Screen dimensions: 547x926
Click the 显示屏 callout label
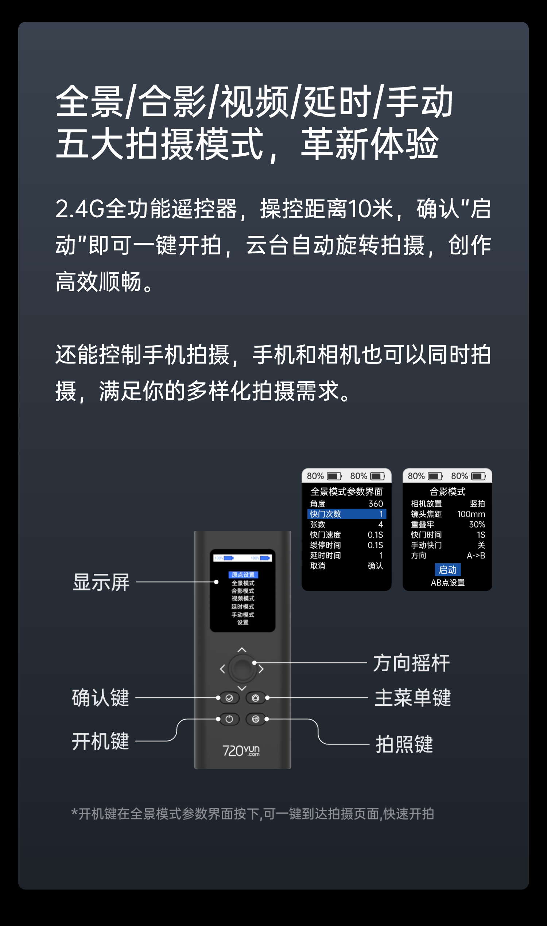(101, 582)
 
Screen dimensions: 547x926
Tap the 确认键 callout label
(100, 697)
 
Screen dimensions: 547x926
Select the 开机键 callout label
(100, 741)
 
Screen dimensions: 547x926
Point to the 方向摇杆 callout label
(411, 663)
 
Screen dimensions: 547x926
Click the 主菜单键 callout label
(412, 697)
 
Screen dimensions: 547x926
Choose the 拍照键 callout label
(404, 744)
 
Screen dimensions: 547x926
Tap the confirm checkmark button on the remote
(229, 698)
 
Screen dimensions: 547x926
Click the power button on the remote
(229, 719)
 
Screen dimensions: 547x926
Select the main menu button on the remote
(255, 698)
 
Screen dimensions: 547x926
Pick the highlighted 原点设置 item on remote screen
(243, 575)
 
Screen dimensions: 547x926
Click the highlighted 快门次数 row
(346, 514)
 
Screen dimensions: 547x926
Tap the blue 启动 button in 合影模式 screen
(447, 570)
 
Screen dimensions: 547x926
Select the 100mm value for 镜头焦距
(471, 514)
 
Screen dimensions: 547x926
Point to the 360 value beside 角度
(376, 504)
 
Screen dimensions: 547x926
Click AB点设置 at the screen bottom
(447, 583)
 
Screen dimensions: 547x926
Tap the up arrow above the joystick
(242, 650)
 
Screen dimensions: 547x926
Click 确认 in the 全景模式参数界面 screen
(375, 565)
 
